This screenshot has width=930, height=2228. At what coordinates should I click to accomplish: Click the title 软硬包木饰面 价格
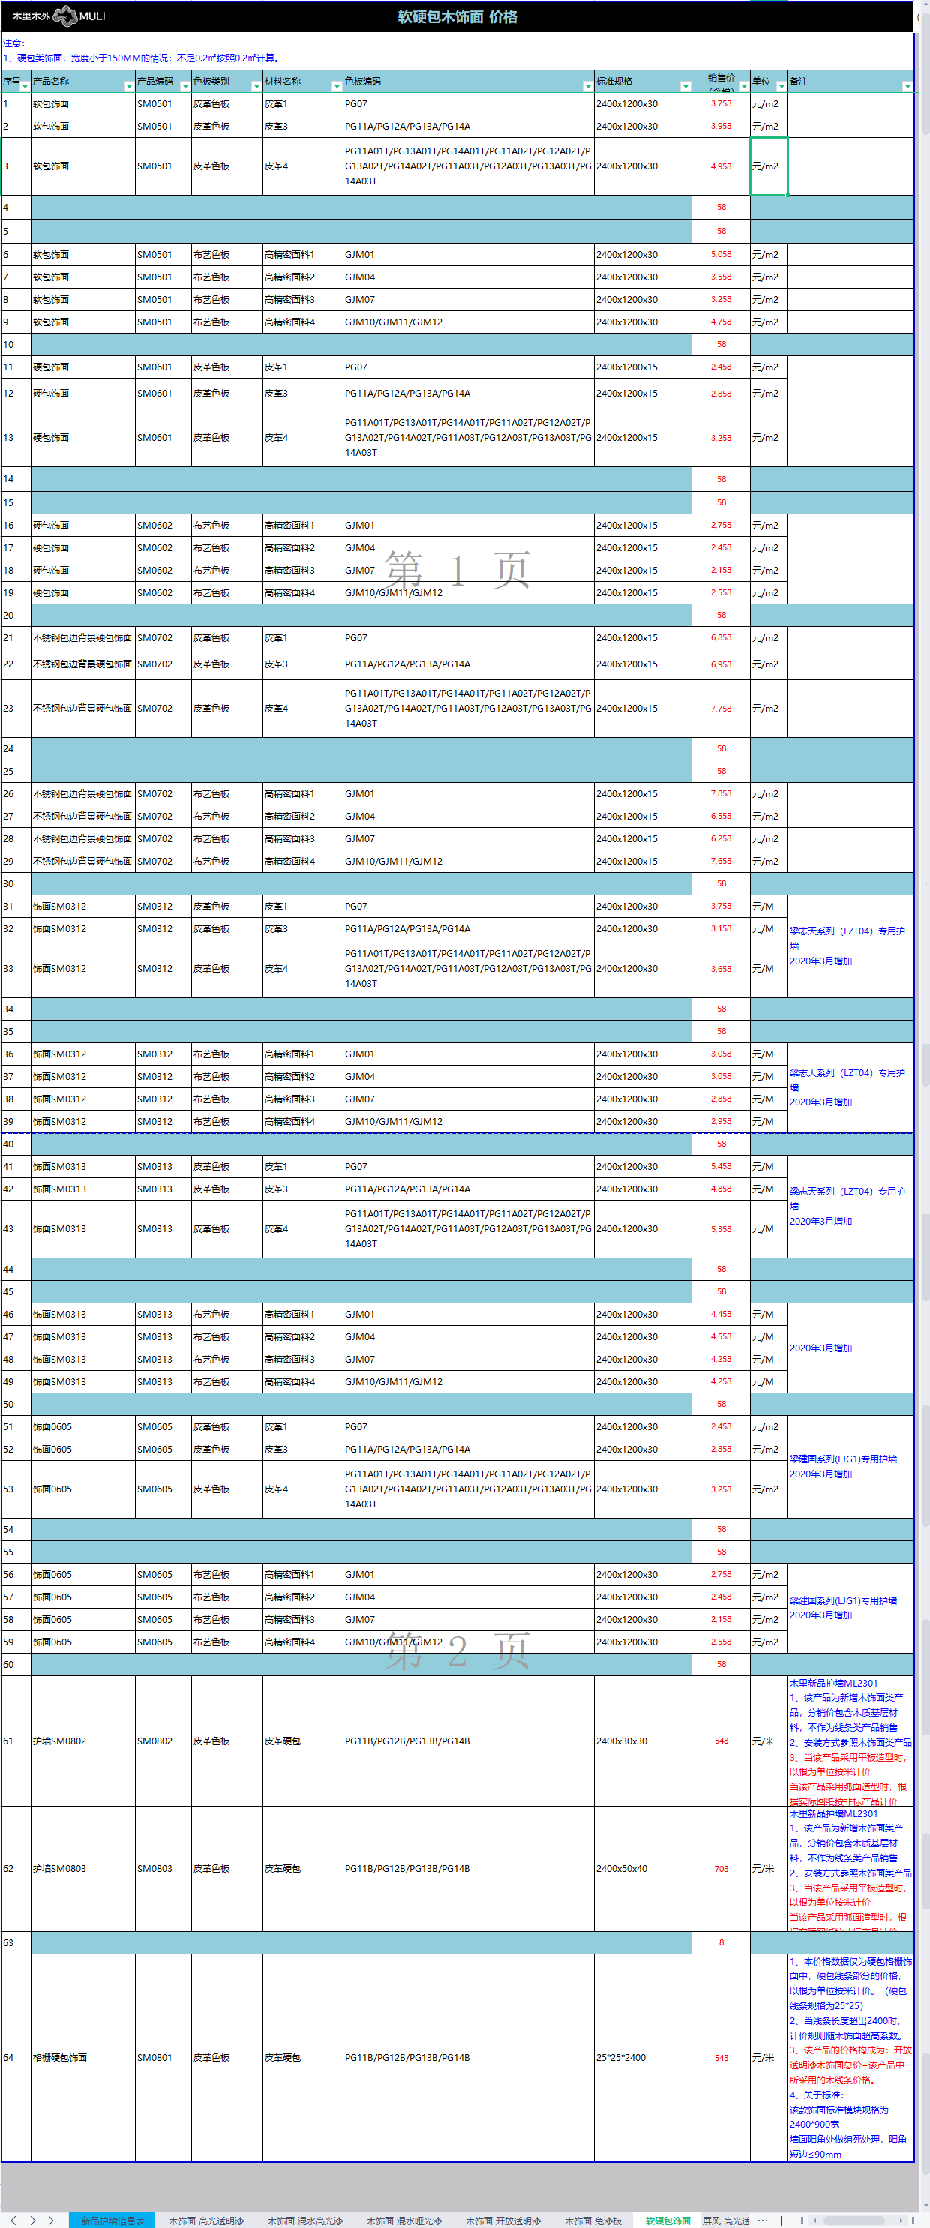pos(457,16)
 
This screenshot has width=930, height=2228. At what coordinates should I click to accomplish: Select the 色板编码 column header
pos(363,81)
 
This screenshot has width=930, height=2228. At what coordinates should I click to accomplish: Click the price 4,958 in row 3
pos(721,166)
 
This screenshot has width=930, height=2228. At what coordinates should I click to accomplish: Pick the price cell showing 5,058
pos(721,254)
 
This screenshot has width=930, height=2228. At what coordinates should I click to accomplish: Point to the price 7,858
pos(721,793)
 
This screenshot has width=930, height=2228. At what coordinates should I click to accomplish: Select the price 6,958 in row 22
pos(721,664)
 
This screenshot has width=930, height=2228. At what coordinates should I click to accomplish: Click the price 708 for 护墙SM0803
pos(721,1868)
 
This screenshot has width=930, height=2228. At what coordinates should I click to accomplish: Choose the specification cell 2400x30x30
pos(621,1741)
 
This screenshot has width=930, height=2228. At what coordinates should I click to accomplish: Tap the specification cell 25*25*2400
pos(620,2058)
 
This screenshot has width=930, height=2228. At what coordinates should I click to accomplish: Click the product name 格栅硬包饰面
pos(60,2058)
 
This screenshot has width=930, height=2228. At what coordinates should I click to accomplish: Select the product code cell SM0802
pos(154,1741)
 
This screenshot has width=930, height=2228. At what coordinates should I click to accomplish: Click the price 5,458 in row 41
pos(721,1166)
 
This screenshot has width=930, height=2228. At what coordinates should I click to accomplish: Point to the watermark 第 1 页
pos(457,570)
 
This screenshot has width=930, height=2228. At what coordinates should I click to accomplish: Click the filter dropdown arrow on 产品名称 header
pos(129,86)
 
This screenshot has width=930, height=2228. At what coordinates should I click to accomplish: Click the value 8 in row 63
pos(721,1942)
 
